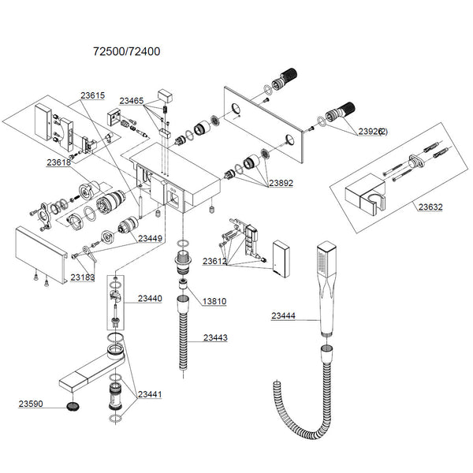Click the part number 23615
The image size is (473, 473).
pos(91,95)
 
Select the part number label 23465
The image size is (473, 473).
pos(132,101)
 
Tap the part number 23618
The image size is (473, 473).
pos(58,162)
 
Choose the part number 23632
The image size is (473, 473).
pos(430,208)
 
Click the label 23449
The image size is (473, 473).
pos(151,239)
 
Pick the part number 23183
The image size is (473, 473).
pos(83,277)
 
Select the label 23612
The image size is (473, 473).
pos(215,261)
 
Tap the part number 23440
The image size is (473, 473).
pos(150,299)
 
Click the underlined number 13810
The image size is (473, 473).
pos(215,301)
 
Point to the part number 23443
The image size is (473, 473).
pos(215,337)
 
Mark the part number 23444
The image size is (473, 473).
pos(284,316)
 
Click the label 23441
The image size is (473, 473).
pos(150,394)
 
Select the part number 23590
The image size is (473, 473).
pos(32,404)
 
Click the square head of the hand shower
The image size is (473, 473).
pos(326,257)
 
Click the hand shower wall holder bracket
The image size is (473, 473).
pos(367,195)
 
